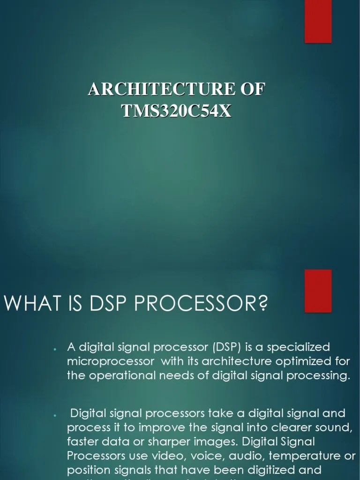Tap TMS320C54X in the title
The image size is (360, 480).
(177, 111)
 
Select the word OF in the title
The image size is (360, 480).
(253, 90)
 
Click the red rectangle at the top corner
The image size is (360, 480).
(318, 21)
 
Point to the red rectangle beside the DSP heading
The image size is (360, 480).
(318, 291)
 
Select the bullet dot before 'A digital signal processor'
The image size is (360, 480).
(55, 349)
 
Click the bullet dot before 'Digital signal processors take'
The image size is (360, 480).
(55, 415)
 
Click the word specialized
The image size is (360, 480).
(302, 347)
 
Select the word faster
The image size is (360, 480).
(83, 442)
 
